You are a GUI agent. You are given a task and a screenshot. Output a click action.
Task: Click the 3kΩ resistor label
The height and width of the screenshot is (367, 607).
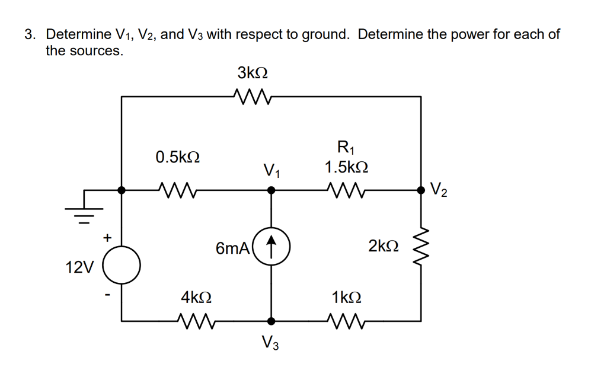point(253,73)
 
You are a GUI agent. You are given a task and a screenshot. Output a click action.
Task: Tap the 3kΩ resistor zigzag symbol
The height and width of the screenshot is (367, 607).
point(253,95)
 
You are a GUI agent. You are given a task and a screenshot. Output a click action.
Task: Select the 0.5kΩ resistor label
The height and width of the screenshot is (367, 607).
point(177,157)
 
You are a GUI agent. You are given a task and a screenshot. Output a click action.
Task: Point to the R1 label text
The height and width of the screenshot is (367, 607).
point(344,146)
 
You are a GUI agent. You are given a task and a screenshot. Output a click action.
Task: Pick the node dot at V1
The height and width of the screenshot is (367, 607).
point(271,190)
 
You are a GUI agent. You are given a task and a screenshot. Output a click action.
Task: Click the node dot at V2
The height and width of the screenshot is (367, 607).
point(421,190)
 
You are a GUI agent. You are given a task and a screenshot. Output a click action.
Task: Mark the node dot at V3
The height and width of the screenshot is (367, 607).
point(271,321)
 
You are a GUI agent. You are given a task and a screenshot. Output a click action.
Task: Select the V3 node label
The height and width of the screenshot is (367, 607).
point(270,343)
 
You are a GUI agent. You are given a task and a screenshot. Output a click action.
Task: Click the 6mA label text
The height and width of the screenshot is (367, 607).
point(232,248)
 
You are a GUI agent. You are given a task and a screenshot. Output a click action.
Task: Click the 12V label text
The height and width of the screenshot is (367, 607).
point(79,267)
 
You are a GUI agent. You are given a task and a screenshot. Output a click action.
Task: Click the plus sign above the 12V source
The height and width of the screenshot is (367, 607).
point(107,238)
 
